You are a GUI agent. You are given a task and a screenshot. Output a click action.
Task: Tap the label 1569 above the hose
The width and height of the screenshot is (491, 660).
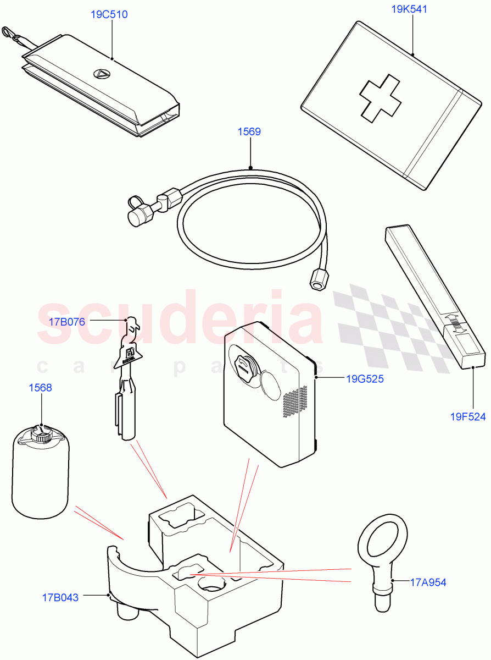pyautogui.click(x=249, y=131)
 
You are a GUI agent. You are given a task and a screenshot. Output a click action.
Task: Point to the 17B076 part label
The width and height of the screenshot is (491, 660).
pyautogui.click(x=66, y=322)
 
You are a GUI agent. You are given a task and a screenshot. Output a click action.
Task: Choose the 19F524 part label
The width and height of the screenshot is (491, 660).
pyautogui.click(x=468, y=416)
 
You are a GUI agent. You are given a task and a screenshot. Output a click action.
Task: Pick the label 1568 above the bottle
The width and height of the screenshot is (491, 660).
pyautogui.click(x=41, y=388)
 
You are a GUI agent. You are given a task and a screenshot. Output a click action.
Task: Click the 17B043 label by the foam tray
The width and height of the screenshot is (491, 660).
pyautogui.click(x=60, y=597)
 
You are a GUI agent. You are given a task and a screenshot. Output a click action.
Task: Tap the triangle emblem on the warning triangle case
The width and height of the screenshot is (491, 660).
pyautogui.click(x=101, y=74)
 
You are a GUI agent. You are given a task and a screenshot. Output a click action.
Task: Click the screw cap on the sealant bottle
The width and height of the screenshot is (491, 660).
pyautogui.click(x=41, y=436)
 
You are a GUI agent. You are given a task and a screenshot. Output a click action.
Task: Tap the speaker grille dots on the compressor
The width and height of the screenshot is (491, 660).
pyautogui.click(x=294, y=400)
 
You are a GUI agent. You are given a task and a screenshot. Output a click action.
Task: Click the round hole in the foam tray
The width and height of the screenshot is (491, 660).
pyautogui.click(x=211, y=584)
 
